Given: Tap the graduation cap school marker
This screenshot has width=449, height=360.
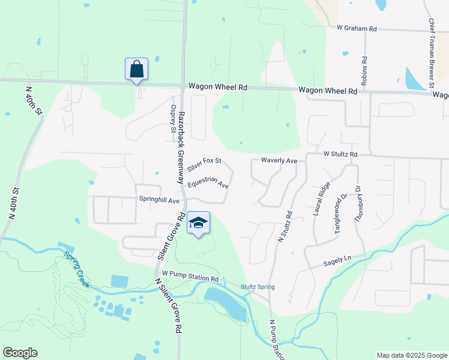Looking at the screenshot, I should [198, 223].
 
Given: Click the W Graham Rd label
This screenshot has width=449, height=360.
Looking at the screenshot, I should [357, 28].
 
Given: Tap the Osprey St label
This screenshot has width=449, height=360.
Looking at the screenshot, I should [173, 119].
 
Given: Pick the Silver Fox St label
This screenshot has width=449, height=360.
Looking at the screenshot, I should [204, 163].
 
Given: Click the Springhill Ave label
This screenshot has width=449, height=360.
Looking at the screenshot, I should [160, 200].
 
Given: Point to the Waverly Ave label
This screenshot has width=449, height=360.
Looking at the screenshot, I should [279, 161].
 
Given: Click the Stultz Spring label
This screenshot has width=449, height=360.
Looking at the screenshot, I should [258, 287].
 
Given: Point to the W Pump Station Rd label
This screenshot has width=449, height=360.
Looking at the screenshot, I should [190, 278].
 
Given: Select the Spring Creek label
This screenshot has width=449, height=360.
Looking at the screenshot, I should [77, 269].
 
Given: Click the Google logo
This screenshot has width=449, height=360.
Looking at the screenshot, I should [20, 353].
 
